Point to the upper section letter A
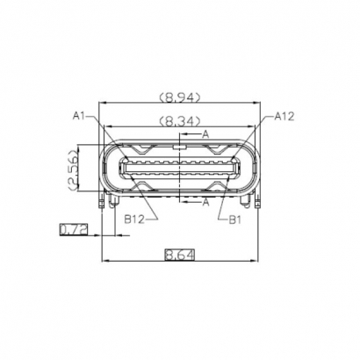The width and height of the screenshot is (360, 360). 205,133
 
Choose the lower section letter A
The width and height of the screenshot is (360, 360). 205,201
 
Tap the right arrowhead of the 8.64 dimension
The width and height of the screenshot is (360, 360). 258,261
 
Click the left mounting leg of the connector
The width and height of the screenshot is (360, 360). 107,204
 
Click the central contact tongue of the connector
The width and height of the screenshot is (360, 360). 181,168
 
